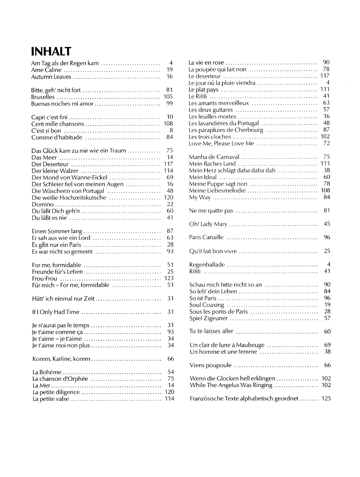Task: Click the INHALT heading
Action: coord(51,52)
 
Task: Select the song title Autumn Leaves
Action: coord(51,77)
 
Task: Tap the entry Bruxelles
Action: coord(43,97)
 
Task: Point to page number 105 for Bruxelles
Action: coord(168,97)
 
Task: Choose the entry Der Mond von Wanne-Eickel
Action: coord(69,178)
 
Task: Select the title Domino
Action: coord(43,205)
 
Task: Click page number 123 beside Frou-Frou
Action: coord(169,278)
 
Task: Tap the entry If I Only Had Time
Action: coord(56,312)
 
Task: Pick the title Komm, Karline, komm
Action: coord(61,359)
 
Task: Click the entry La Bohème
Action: coord(47,372)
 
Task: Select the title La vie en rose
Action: coord(206,63)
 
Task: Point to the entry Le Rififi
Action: coord(198,96)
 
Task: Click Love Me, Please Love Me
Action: coord(222,144)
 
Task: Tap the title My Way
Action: coord(200,198)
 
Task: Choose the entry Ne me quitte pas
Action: coord(211,211)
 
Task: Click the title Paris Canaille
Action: coord(206,238)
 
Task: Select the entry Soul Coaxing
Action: coord(207,305)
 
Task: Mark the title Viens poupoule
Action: coord(211,366)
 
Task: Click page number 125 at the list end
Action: coord(326,399)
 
